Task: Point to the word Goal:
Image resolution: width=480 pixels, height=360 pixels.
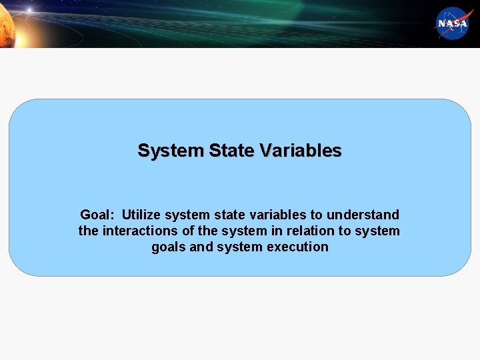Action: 97,215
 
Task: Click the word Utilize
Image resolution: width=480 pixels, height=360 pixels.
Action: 141,215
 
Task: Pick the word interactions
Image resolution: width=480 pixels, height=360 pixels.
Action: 138,231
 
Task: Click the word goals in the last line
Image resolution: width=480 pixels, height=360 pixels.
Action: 169,247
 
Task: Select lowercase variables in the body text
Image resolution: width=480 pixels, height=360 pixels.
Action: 276,215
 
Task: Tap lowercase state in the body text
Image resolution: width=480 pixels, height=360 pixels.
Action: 229,215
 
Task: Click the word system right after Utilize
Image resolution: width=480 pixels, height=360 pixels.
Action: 187,215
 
